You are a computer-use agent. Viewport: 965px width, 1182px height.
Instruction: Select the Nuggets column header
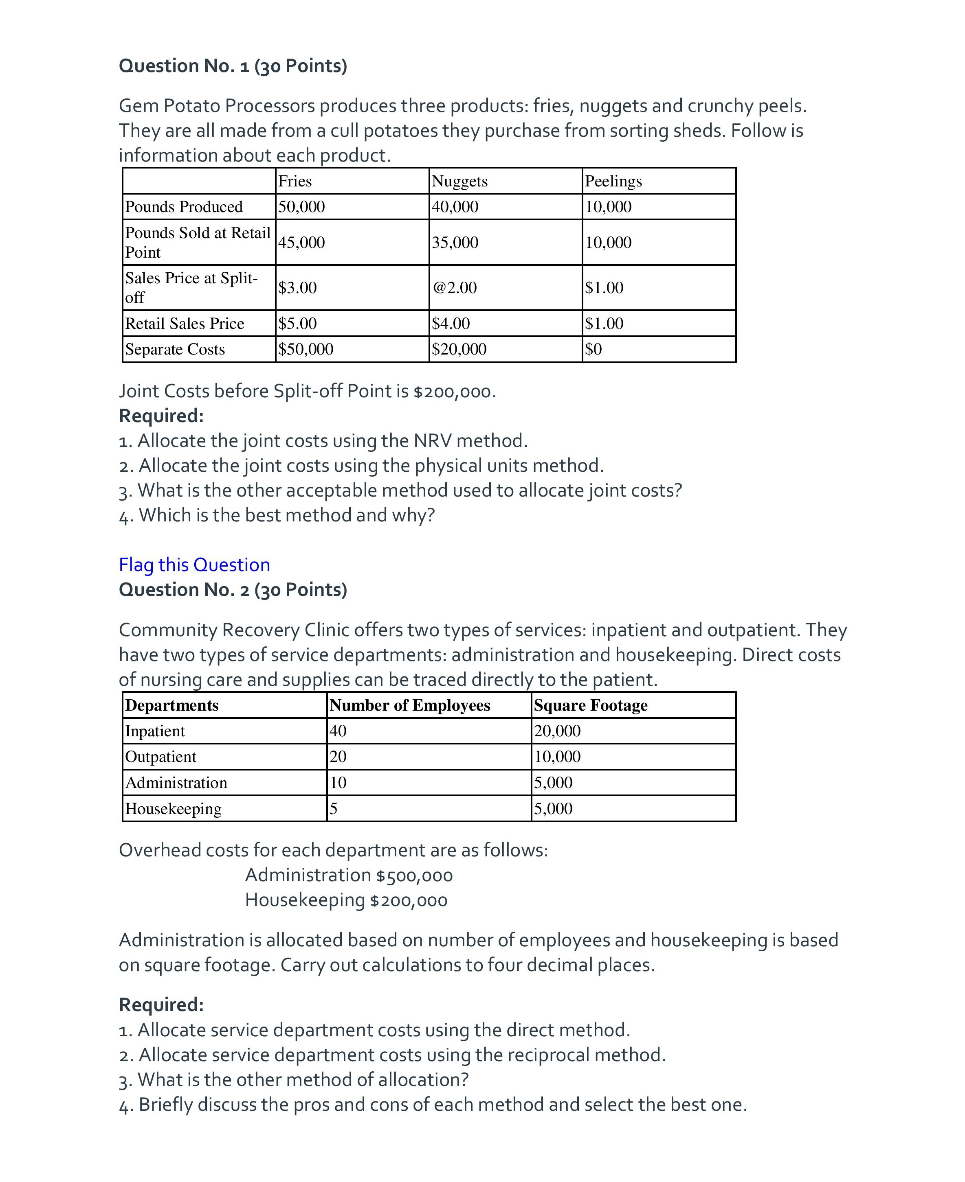[x=460, y=181]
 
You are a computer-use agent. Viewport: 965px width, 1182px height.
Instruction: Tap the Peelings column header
[x=613, y=181]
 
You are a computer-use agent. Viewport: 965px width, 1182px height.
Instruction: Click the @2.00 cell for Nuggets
[x=455, y=288]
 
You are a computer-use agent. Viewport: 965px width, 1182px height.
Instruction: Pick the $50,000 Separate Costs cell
[x=306, y=349]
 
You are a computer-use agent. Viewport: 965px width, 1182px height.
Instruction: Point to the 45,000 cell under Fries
[x=301, y=242]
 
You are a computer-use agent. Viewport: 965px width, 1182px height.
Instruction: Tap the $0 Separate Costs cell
[x=594, y=349]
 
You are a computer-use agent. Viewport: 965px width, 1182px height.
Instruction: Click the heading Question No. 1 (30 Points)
[x=233, y=66]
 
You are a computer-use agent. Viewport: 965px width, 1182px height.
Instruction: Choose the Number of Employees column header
[x=410, y=705]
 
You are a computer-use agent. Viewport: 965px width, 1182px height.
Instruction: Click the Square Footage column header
[x=590, y=705]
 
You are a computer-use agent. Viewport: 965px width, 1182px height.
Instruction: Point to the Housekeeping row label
[x=174, y=809]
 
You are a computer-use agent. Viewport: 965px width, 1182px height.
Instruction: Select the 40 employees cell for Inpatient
[x=338, y=731]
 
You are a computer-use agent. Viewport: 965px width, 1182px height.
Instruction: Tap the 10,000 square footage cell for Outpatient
[x=557, y=757]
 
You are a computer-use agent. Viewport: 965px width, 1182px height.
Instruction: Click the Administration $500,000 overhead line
[x=349, y=876]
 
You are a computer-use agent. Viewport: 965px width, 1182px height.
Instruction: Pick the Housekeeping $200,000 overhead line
[x=346, y=900]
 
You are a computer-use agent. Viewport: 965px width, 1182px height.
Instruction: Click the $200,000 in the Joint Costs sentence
[x=453, y=392]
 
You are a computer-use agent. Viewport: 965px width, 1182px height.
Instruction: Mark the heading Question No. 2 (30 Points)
[x=233, y=590]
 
